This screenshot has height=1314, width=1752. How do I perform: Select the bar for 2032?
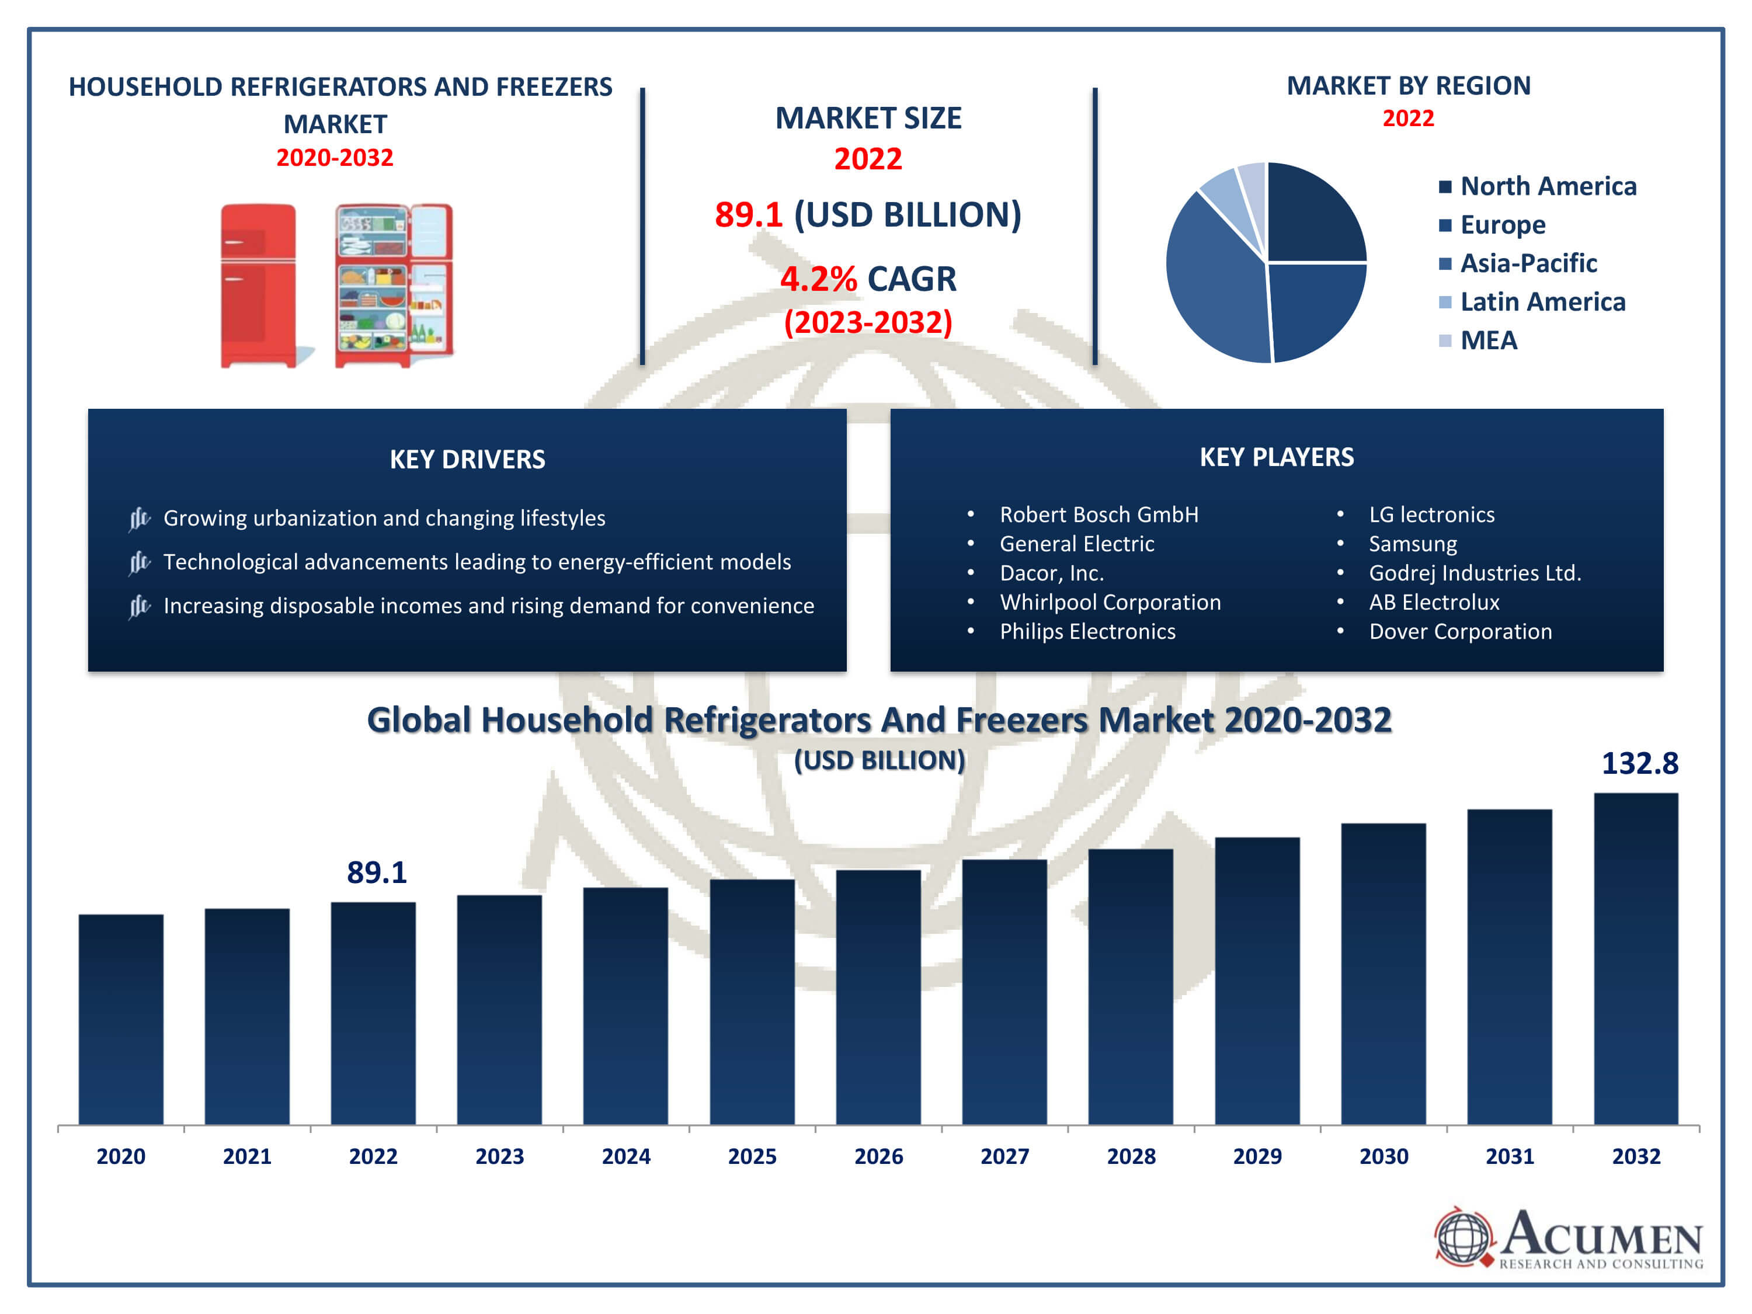click(x=1636, y=958)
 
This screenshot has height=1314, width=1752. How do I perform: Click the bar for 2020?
click(x=121, y=1019)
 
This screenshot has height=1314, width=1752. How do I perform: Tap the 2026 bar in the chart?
click(x=878, y=997)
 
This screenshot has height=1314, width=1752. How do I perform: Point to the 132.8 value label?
click(x=1639, y=763)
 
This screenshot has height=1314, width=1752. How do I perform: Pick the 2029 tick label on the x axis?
click(x=1257, y=1156)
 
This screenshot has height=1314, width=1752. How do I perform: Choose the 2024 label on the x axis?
click(x=625, y=1156)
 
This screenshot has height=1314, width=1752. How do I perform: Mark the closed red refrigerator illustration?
click(x=258, y=285)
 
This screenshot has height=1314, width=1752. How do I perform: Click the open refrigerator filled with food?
click(x=394, y=285)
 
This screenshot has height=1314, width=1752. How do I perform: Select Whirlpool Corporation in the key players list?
click(x=1110, y=602)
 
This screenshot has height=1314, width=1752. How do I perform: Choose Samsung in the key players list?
click(x=1412, y=544)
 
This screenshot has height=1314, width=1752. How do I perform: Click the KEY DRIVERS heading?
click(x=467, y=460)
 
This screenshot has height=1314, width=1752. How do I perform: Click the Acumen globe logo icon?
click(x=1463, y=1237)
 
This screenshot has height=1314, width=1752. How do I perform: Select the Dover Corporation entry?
click(x=1460, y=631)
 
